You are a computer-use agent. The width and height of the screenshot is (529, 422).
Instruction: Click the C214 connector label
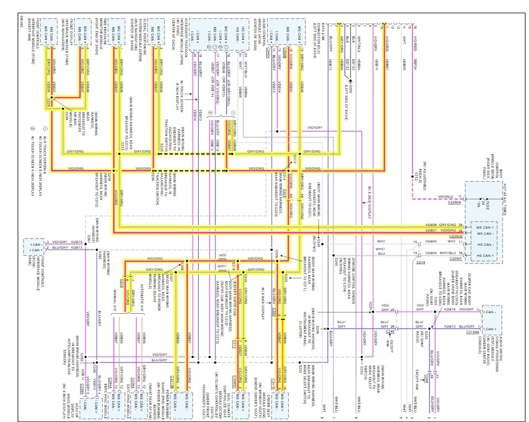tap(421, 263)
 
